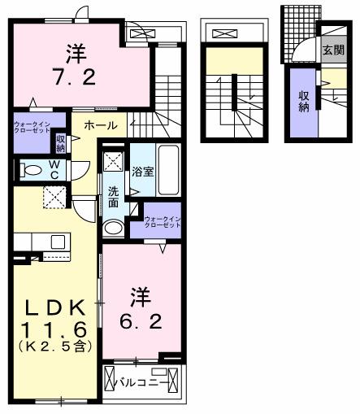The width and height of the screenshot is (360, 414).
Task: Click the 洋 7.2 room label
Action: (x=76, y=65)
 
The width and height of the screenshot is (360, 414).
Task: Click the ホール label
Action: (x=99, y=126)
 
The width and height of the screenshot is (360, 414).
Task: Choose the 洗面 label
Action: (x=113, y=198)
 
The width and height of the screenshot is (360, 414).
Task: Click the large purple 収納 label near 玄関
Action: (x=304, y=102)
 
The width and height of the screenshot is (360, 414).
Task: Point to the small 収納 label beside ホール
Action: (x=61, y=144)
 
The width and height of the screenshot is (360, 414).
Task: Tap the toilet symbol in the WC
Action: (x=30, y=172)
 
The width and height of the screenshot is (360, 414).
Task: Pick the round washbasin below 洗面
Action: (x=114, y=227)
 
